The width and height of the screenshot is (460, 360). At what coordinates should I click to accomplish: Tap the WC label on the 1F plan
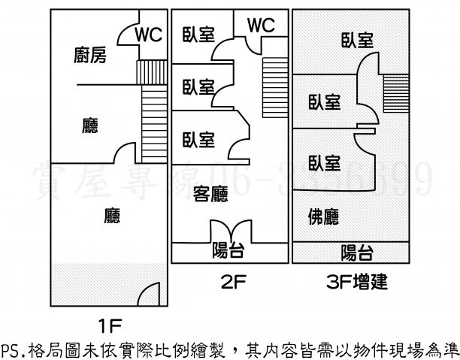[148, 34]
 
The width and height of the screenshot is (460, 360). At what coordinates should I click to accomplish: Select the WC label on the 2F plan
[260, 25]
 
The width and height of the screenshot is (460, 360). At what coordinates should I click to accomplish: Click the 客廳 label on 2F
[211, 194]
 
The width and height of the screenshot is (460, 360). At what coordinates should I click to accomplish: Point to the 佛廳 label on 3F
[323, 218]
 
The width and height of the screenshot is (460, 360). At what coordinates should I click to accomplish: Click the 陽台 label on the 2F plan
[228, 250]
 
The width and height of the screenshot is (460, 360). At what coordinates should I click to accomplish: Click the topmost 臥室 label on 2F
[198, 35]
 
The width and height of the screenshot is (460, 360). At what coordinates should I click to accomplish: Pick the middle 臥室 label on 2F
[198, 86]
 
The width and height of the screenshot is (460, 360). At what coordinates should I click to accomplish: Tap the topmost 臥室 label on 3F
[356, 41]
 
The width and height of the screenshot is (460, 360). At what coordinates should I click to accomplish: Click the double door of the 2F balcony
[228, 231]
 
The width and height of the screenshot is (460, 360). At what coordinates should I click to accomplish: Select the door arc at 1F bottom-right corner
[150, 294]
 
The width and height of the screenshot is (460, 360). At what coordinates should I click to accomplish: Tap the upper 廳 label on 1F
[90, 126]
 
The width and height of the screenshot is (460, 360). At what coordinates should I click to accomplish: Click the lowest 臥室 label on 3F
[325, 162]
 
